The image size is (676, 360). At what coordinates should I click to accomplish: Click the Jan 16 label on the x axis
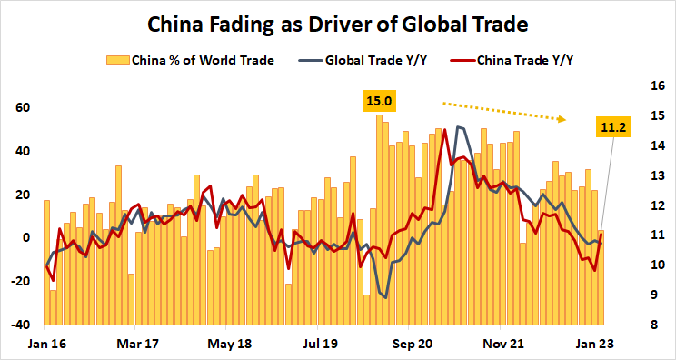[45, 345]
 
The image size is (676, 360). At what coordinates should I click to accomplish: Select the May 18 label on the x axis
[230, 345]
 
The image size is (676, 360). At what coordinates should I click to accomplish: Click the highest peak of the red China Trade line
[444, 130]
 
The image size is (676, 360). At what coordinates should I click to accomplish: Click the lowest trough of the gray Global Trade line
[385, 297]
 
